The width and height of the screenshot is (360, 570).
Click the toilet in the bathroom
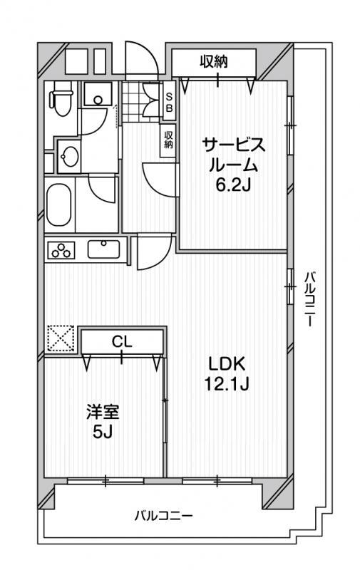pos(61,98)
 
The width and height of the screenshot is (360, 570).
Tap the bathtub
pos(58,205)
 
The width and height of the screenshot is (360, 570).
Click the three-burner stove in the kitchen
pos(61,250)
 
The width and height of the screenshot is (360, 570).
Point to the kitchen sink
pos(103,249)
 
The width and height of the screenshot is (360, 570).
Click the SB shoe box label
pos(170,102)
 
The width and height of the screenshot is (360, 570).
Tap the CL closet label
pos(122,342)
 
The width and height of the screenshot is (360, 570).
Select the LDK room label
pos(227,363)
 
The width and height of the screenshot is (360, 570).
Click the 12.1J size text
pos(226,383)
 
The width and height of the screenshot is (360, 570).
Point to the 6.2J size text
pos(233,185)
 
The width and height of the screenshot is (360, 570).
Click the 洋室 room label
pos(103,413)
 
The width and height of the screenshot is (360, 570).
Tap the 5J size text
pos(103,432)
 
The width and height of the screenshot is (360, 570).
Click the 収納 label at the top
pos(214,62)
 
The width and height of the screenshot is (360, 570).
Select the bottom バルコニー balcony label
pos(164,516)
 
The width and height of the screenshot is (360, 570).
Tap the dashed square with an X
pos(61,338)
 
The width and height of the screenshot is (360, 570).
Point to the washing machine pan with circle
pos(98,94)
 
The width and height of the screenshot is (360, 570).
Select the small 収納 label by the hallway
pos(168,140)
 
